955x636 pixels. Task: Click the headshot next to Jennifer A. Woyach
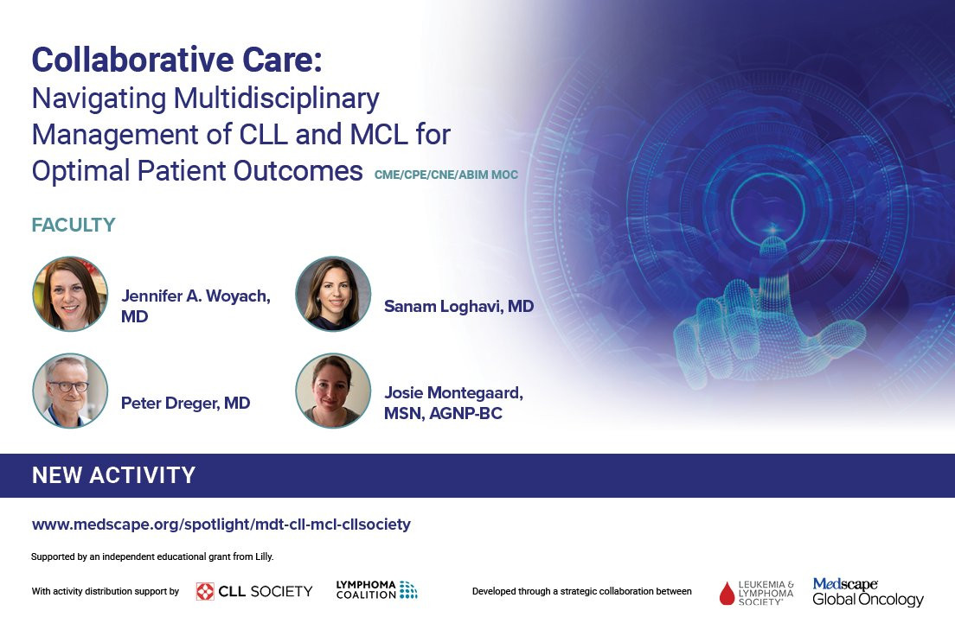[x=70, y=294]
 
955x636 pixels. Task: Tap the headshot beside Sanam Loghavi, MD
[x=333, y=294]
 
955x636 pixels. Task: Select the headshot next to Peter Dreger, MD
[x=70, y=391]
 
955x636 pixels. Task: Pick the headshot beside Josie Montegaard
[x=333, y=391]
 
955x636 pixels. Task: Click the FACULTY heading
[x=73, y=226]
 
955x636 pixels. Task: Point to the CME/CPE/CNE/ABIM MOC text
[x=445, y=175]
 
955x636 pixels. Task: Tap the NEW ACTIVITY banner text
[x=113, y=475]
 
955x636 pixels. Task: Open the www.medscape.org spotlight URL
[x=221, y=525]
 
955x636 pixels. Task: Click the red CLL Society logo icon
[x=205, y=592]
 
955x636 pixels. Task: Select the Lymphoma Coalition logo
[x=376, y=589]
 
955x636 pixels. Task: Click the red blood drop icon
[x=727, y=594]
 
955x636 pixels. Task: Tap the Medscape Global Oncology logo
[x=868, y=592]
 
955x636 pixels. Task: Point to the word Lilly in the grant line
[x=264, y=556]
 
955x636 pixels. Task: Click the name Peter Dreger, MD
[x=185, y=403]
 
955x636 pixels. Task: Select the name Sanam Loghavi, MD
[x=458, y=306]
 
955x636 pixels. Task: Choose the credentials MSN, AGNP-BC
[x=443, y=414]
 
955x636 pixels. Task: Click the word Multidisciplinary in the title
[x=277, y=99]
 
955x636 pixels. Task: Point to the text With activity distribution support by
[x=106, y=592]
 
